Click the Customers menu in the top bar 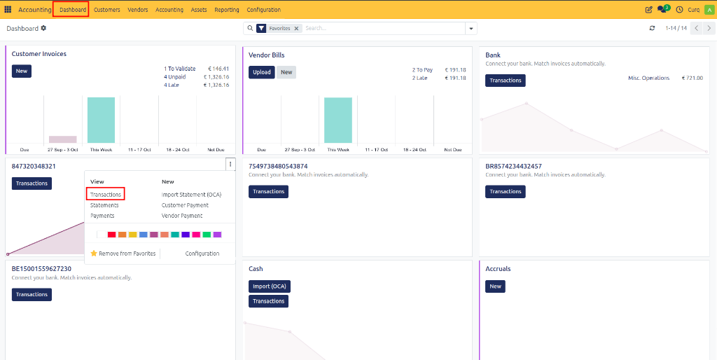(107, 10)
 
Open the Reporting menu (227, 10)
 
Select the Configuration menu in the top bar (264, 10)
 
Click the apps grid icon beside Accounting (8, 10)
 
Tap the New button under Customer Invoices (22, 71)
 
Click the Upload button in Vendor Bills (262, 72)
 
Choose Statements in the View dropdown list (104, 205)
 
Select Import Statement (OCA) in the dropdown (192, 195)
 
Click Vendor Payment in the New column (182, 216)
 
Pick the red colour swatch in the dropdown (111, 235)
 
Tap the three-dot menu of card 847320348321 (230, 164)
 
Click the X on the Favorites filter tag (296, 28)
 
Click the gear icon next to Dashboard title (43, 28)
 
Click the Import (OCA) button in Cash (270, 286)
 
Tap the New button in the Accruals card (495, 286)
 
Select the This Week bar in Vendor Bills (338, 120)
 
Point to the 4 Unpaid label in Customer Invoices (174, 77)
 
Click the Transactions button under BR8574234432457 (506, 192)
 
